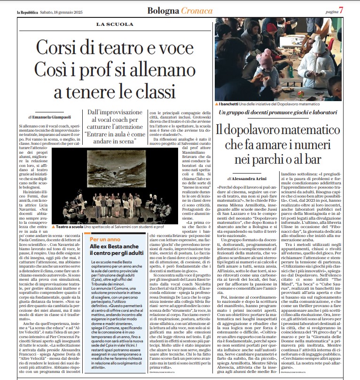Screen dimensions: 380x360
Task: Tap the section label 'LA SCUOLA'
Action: coord(114,24)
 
